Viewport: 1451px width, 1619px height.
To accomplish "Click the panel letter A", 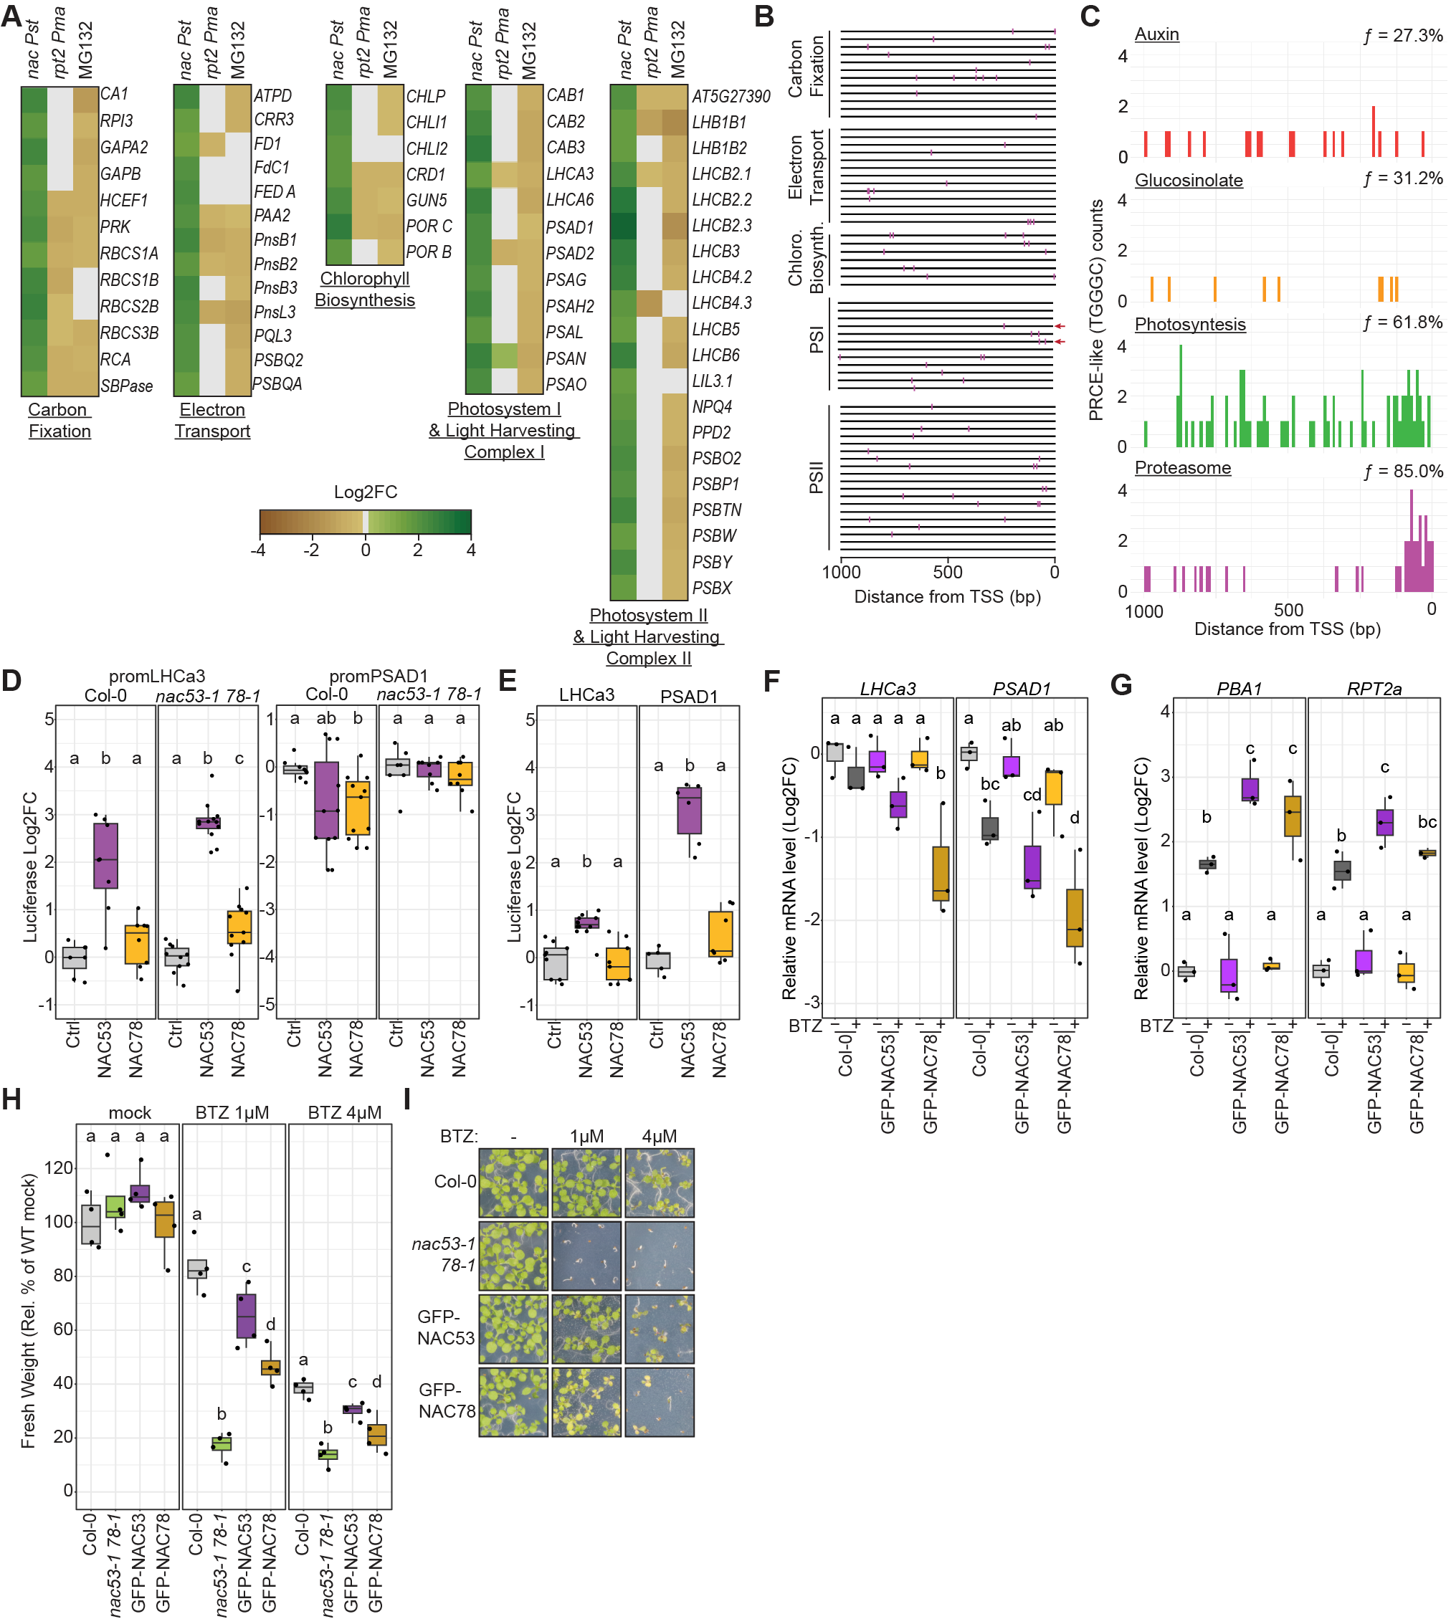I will pos(11,16).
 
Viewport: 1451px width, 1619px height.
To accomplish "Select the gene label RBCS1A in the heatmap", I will pos(128,254).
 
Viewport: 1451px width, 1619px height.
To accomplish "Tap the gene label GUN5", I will pos(427,200).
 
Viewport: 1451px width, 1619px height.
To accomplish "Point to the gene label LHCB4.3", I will pos(721,303).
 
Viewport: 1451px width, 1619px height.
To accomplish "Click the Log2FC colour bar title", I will pos(365,492).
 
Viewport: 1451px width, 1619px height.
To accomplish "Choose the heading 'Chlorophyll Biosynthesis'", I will pos(365,290).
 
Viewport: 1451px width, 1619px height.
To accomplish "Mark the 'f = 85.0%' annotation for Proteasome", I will pos(1403,471).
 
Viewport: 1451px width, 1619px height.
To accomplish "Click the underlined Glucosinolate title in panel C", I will pos(1188,180).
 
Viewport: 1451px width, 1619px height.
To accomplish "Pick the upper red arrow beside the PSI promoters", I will pos(1060,326).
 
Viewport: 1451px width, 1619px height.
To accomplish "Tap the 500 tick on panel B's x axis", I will pos(948,571).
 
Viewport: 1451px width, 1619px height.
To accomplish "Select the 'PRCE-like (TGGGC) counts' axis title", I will pos(1096,310).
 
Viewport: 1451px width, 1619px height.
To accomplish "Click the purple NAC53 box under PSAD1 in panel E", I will pos(689,810).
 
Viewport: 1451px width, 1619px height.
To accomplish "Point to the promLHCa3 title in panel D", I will pos(156,676).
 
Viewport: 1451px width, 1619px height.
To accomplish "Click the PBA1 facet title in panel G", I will pos(1239,689).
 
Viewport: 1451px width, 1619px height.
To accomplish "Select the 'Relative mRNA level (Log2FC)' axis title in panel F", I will pos(789,879).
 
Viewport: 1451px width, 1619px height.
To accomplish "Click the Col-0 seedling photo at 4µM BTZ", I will pos(660,1183).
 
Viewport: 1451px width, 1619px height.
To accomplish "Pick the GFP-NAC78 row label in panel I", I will pos(447,1400).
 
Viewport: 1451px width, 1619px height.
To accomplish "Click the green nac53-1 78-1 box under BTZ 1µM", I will pos(221,1443).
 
